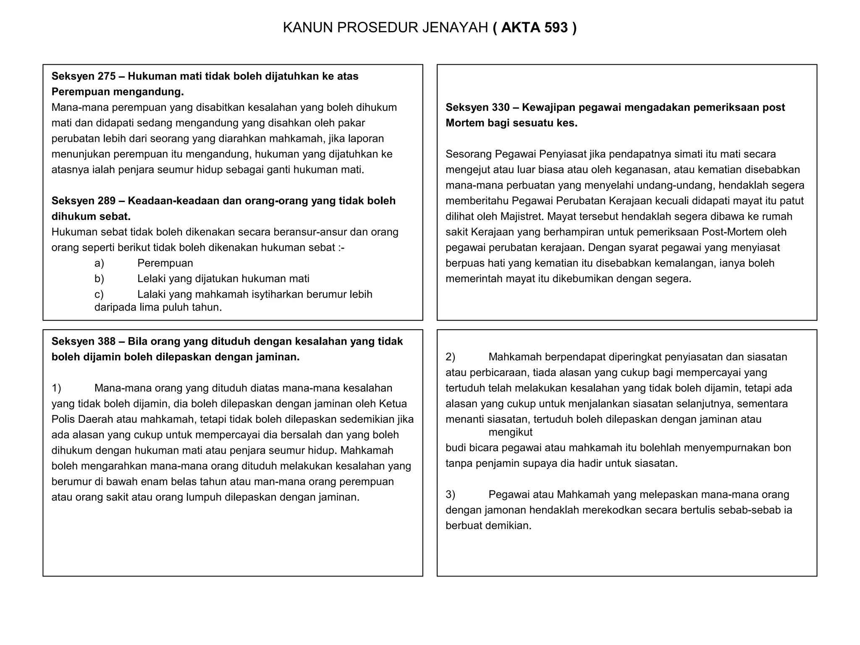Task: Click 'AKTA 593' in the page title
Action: [x=534, y=28]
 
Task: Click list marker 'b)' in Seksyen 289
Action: [x=99, y=279]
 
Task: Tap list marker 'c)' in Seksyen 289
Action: [x=99, y=294]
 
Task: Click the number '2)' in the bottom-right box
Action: [x=450, y=357]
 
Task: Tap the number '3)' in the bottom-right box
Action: [x=450, y=495]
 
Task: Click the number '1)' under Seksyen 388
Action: [x=56, y=388]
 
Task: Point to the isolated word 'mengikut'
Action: [x=510, y=433]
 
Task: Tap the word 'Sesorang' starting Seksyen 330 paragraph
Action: [x=469, y=154]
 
